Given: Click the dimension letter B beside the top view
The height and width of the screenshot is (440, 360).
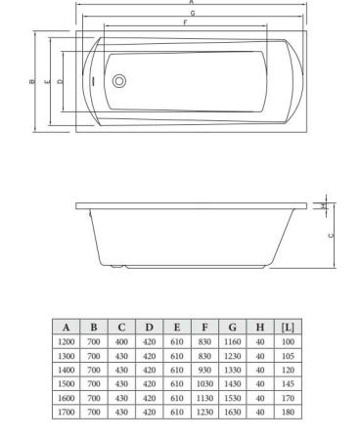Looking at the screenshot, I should tap(31, 82).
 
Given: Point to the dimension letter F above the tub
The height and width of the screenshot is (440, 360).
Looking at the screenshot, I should tap(186, 22).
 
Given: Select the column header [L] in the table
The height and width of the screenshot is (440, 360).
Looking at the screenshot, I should tap(288, 327).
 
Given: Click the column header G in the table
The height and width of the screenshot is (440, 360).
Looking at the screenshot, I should tap(232, 327).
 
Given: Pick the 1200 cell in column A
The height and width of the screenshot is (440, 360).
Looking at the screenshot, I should tap(67, 342).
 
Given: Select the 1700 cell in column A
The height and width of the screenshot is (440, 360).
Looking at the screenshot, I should tap(67, 413).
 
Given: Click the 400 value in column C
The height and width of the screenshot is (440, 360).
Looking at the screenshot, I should tap(121, 342).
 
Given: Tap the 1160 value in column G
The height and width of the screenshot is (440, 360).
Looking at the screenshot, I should tap(232, 342).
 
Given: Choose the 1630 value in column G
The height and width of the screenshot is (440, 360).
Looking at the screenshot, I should tap(232, 413).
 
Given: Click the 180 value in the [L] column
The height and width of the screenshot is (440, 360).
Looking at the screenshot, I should tap(288, 413).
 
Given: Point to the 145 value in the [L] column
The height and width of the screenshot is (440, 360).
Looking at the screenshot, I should tap(288, 384).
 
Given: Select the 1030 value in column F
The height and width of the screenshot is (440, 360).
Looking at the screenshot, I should tap(203, 384).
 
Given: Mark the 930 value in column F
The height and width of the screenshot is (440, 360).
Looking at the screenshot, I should tap(203, 371).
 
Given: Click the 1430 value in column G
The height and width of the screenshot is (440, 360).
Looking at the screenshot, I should tap(232, 384).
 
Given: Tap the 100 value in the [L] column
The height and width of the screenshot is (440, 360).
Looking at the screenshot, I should tap(288, 342).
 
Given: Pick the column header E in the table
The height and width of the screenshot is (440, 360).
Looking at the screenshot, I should tap(176, 327).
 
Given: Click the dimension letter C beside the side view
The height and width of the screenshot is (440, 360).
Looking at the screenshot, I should tap(331, 235).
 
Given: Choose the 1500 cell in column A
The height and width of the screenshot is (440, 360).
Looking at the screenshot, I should tap(67, 384).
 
